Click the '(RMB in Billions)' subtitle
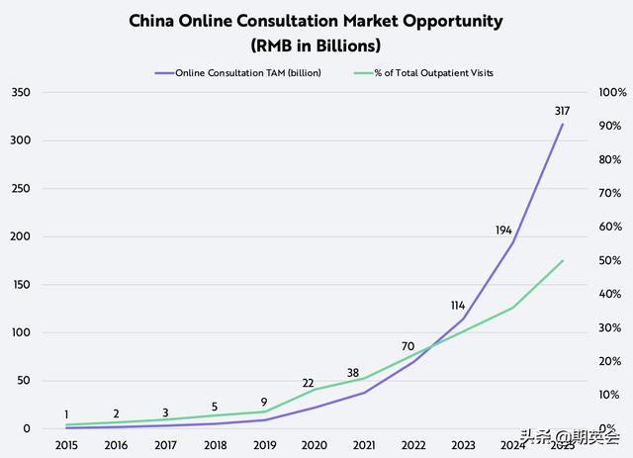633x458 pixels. [316, 46]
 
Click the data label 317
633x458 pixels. [564, 111]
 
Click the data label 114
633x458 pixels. [456, 306]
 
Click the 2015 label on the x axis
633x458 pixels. [66, 446]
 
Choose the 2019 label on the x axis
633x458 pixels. [264, 446]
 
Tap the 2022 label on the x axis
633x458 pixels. [413, 446]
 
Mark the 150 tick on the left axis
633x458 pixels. [20, 285]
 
